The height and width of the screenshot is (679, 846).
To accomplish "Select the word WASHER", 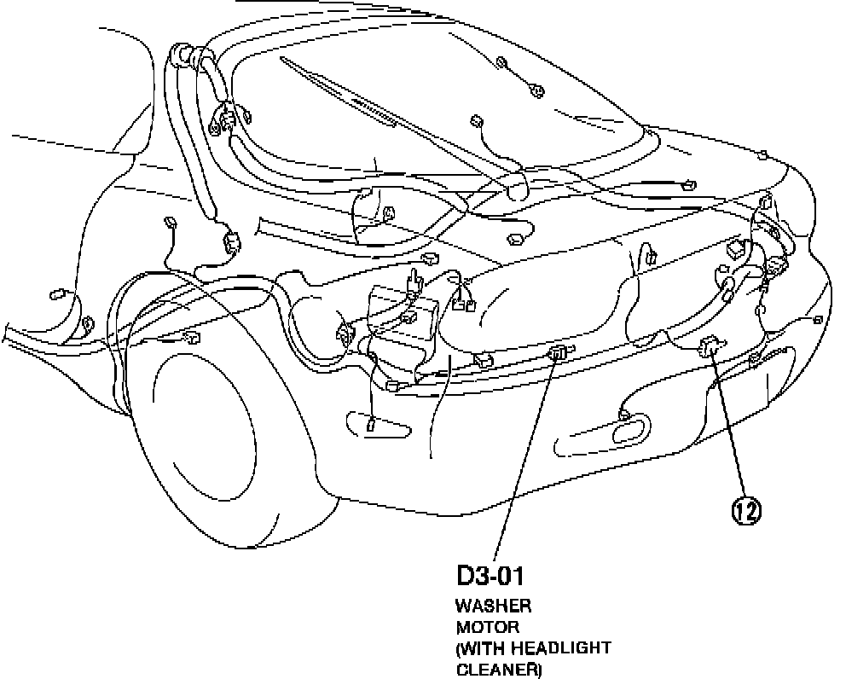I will click(494, 606).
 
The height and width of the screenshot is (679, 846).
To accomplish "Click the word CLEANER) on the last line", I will click(499, 670).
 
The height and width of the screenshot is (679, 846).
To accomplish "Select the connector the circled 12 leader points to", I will click(710, 345).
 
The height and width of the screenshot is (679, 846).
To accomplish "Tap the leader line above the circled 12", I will click(728, 427).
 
